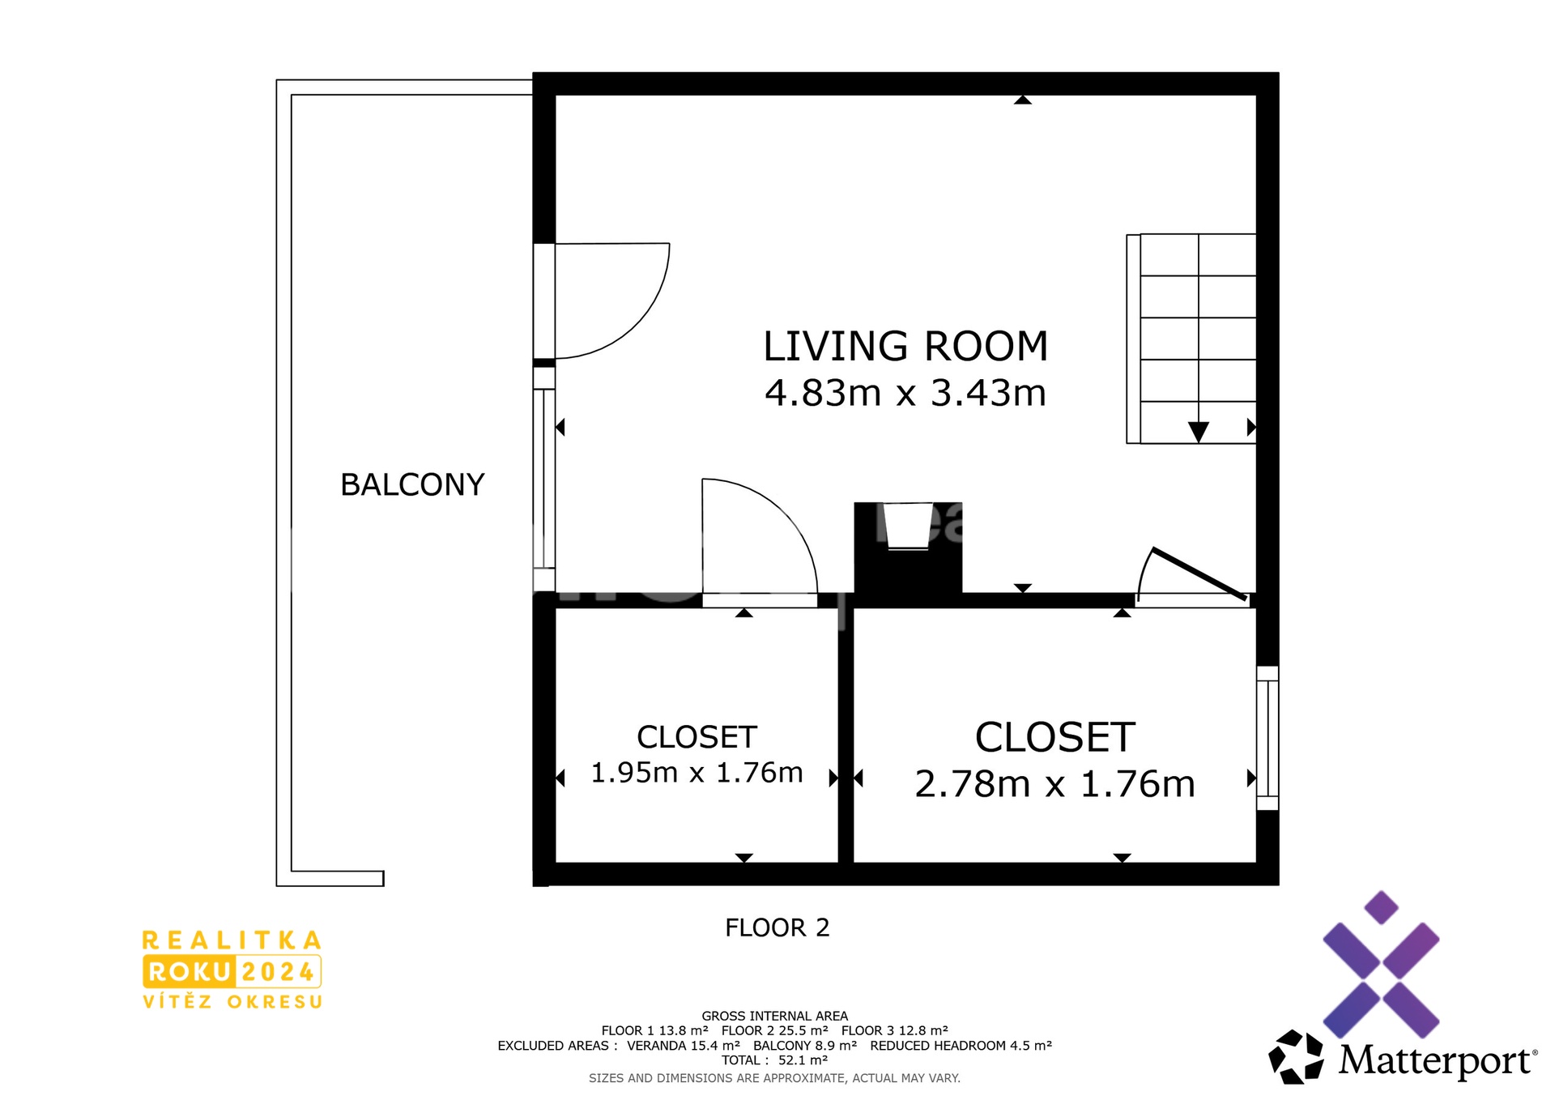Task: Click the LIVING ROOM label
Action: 905,347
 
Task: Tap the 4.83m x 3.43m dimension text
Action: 905,393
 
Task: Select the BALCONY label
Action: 412,484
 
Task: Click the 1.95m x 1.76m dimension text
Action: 697,773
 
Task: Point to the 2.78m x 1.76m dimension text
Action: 1054,784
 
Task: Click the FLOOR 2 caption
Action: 777,927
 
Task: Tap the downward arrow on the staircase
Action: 1199,432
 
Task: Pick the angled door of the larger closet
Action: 1199,574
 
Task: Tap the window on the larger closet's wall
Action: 1267,738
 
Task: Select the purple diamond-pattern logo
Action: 1381,964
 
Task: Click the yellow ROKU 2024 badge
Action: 232,971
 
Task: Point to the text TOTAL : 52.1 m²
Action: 775,1060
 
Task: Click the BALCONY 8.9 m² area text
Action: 805,1046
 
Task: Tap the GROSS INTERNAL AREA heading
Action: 775,1016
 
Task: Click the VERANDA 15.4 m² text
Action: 684,1046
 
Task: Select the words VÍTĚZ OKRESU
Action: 232,1002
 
